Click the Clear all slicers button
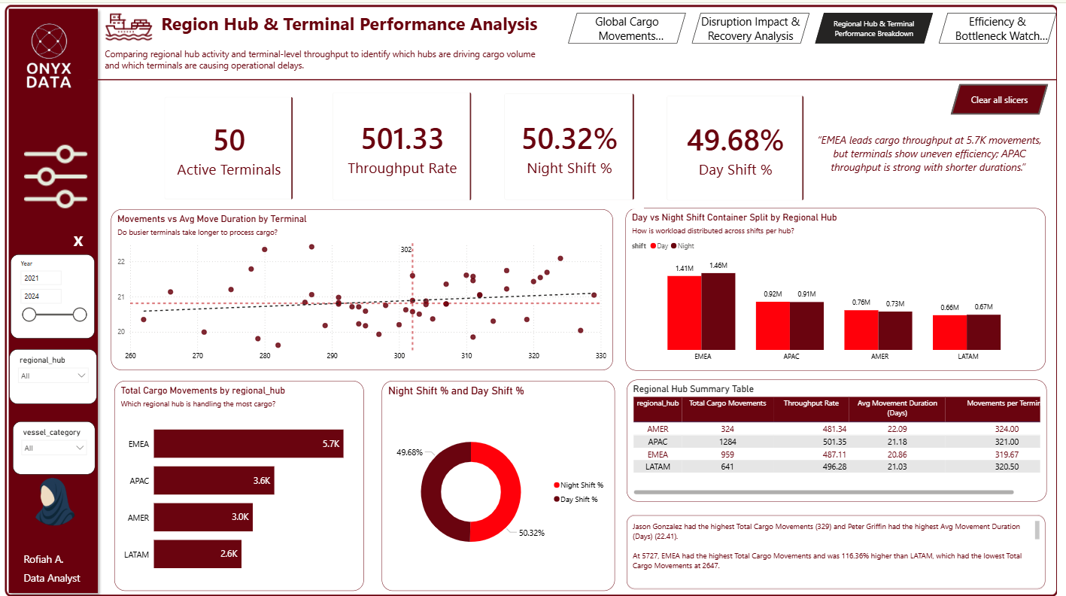pos(998,99)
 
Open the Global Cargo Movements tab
pos(627,29)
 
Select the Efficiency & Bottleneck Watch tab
pos(997,29)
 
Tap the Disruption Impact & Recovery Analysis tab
pos(749,29)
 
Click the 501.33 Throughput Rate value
pos(402,140)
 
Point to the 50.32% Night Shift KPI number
pos(569,140)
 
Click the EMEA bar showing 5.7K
pos(249,444)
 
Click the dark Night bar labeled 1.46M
pos(718,311)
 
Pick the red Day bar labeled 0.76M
pos(861,330)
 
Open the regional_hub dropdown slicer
pos(53,375)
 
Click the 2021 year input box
pos(41,278)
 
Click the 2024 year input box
pos(41,296)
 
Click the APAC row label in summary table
pos(658,442)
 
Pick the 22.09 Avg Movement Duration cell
pos(897,429)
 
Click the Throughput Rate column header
pos(810,403)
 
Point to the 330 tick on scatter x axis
pos(600,355)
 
